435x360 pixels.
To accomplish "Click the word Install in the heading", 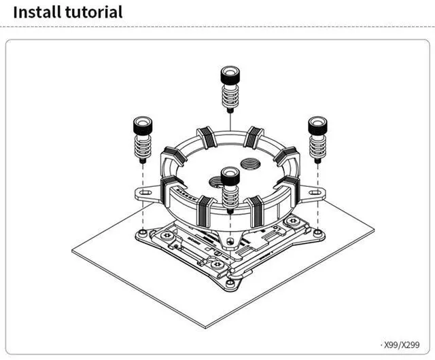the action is coord(37,12).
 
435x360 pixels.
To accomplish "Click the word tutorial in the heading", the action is coord(94,12).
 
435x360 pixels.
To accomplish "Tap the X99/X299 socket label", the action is coord(402,345).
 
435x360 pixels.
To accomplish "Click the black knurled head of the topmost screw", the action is coord(230,73).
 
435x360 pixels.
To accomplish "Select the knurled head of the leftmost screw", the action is coord(143,124).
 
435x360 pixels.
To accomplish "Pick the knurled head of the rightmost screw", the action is coord(317,124).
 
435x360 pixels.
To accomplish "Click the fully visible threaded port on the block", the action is coord(250,164).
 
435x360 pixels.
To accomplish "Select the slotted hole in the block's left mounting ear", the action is coord(144,192).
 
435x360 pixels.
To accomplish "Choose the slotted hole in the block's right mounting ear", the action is coord(314,192).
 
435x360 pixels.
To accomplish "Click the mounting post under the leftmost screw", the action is coord(143,232).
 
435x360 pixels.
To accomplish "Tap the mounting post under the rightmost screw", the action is coord(317,232).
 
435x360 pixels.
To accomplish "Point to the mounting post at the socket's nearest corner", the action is coord(230,283).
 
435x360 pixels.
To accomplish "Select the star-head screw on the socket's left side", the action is coord(167,236).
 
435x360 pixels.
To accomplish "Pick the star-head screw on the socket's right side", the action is coord(292,221).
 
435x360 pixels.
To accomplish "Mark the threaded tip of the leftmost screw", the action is coord(143,160).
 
